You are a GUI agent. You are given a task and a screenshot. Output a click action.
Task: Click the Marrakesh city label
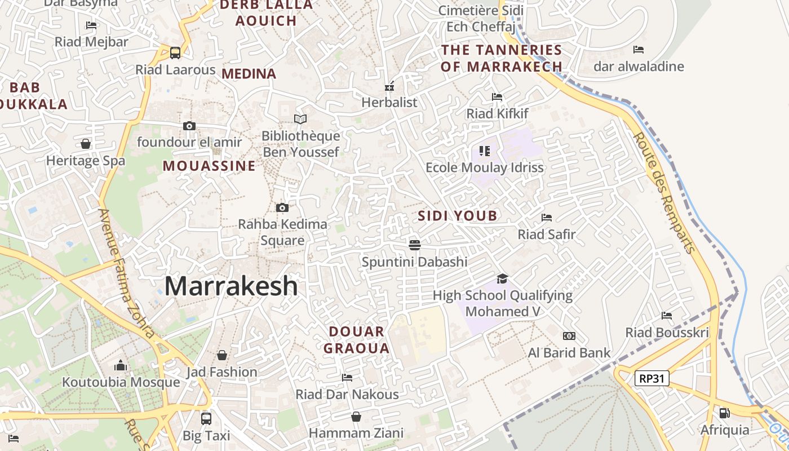pos(231,286)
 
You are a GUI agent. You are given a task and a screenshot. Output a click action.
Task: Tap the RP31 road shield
pos(652,378)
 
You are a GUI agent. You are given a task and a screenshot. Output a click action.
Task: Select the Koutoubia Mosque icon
pos(121,366)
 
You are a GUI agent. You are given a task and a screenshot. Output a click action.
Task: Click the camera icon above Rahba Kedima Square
pos(282,207)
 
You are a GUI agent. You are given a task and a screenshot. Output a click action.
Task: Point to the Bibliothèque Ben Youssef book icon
pos(300,119)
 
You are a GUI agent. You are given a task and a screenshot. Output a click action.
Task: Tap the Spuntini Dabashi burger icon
pos(415,245)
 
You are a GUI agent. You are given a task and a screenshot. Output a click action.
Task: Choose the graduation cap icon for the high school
pos(502,278)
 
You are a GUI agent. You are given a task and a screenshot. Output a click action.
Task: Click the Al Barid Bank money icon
pos(569,336)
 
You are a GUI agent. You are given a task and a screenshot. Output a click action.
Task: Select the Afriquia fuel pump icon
pos(725,413)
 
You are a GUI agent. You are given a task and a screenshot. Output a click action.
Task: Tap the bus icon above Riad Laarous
pos(175,53)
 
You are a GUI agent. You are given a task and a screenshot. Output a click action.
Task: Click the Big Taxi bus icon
pos(206,418)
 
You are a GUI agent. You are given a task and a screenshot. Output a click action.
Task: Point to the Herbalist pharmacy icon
pos(389,86)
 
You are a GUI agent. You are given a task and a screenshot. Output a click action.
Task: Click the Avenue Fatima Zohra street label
pos(126,273)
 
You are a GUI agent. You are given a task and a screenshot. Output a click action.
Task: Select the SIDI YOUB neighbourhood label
pos(458,215)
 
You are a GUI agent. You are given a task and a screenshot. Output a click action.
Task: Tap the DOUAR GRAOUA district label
pos(356,340)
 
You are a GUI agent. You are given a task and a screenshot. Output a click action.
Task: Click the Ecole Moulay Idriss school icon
pos(485,151)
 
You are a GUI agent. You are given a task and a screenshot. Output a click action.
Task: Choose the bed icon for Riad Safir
pos(546,218)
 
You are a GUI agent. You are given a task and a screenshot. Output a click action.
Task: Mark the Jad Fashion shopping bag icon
pos(222,355)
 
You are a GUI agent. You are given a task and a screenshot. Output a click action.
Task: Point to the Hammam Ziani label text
pos(356,433)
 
